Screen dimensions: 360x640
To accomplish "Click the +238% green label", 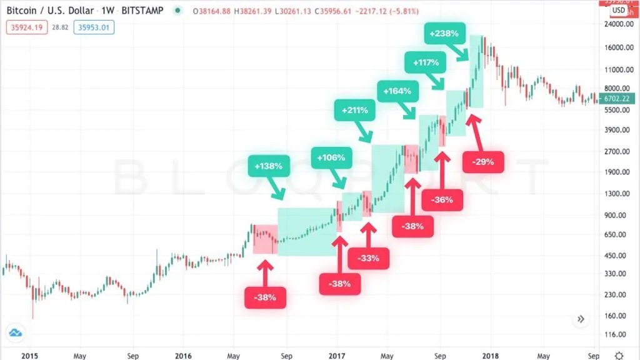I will click(x=445, y=33).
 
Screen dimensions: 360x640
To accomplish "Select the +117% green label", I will click(x=426, y=62).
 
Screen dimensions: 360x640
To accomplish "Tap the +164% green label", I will click(x=398, y=91).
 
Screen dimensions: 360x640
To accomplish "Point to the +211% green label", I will click(x=354, y=110).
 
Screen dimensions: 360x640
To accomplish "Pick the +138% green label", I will click(x=268, y=166).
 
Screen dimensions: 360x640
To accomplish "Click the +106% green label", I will click(x=331, y=157).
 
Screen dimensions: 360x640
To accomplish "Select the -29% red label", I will click(x=483, y=162).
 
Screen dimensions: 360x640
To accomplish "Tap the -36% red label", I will click(x=442, y=201).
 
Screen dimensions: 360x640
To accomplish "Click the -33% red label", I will click(x=368, y=258).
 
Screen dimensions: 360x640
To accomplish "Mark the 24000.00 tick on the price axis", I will click(x=615, y=24).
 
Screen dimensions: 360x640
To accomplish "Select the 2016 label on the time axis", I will click(x=183, y=354).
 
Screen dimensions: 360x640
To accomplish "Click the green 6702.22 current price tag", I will click(x=615, y=99).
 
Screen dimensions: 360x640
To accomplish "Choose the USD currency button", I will click(x=619, y=10).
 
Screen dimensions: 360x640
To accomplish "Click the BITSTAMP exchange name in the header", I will click(x=146, y=11).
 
